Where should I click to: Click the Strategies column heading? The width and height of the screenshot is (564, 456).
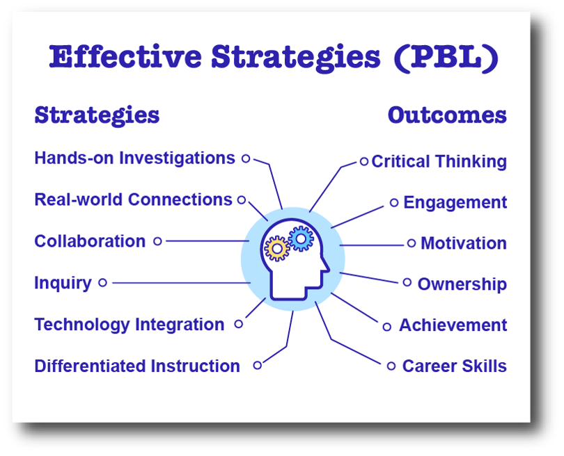point(97,115)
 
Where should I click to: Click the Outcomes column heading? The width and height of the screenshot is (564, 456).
point(447,115)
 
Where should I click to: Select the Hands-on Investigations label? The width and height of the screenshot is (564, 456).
point(134,158)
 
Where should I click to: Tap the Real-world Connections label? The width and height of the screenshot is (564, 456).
point(133,200)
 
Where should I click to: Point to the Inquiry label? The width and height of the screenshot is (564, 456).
point(63,283)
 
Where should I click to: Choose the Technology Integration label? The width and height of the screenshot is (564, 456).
point(130,325)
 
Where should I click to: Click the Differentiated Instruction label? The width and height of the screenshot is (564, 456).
point(137,366)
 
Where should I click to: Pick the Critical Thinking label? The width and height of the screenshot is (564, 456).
point(439,162)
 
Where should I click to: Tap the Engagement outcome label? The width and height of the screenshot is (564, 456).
point(455,203)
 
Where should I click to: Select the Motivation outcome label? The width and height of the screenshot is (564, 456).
point(463,244)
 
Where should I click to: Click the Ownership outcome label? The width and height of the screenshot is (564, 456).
point(462,284)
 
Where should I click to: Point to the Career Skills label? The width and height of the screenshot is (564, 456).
point(454,366)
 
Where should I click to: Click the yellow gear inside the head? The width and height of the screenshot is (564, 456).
point(277,248)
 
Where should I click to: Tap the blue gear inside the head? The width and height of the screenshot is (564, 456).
point(301,238)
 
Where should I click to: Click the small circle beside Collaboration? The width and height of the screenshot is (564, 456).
point(157,241)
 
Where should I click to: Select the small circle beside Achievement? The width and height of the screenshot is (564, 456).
point(387,327)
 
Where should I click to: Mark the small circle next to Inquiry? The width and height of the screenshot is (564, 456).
point(102,283)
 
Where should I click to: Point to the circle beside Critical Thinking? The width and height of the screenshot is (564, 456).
point(363,161)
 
